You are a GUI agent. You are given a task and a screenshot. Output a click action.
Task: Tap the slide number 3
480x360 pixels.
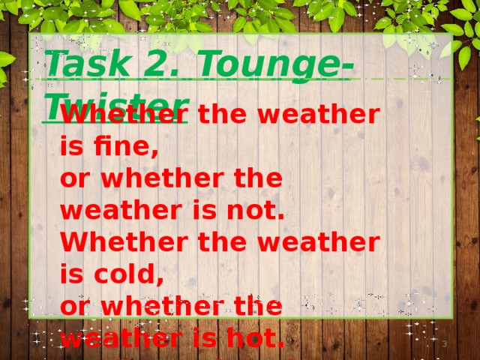tap(444, 344)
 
